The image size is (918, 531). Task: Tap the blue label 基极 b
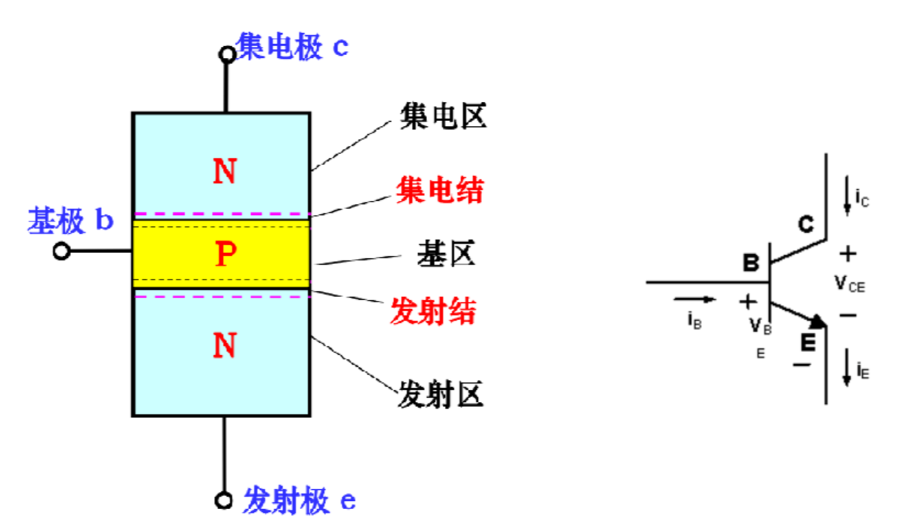tap(70, 220)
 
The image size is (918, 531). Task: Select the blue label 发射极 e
tap(299, 501)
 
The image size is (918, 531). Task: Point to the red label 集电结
tap(440, 191)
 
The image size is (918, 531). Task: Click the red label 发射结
tap(433, 312)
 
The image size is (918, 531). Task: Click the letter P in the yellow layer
tap(226, 255)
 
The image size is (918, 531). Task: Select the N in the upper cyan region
tap(225, 172)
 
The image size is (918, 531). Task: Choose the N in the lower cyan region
tap(225, 345)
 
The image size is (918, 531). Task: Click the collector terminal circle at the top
tap(227, 54)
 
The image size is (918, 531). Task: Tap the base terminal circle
tap(62, 252)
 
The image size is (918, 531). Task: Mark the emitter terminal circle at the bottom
tap(223, 501)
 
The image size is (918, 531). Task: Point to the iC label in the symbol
tap(862, 198)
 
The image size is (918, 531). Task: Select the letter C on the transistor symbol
tap(806, 225)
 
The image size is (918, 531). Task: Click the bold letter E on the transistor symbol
tap(807, 342)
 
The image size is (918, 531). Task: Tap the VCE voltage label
tap(849, 284)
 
